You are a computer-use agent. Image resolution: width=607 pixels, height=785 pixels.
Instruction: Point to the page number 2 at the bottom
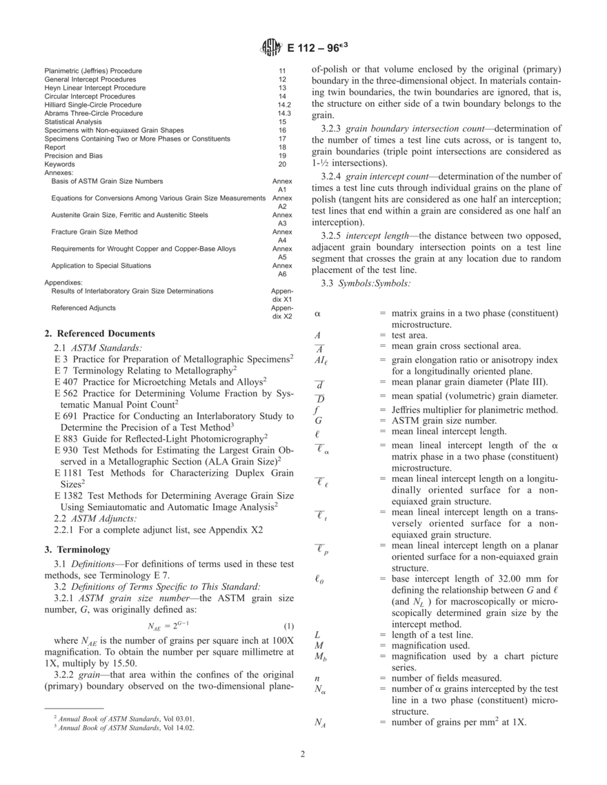point(303,753)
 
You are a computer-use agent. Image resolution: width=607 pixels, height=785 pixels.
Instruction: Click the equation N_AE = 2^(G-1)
point(163,626)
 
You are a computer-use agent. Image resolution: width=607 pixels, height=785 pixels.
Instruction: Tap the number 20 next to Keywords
point(282,165)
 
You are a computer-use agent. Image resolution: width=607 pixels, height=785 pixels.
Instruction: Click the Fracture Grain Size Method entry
point(94,232)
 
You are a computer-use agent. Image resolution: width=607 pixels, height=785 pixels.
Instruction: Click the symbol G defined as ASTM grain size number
point(317,420)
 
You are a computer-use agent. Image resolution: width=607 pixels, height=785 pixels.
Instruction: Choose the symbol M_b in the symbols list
point(319,657)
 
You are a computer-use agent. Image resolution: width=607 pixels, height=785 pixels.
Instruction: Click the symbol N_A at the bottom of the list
point(320,722)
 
